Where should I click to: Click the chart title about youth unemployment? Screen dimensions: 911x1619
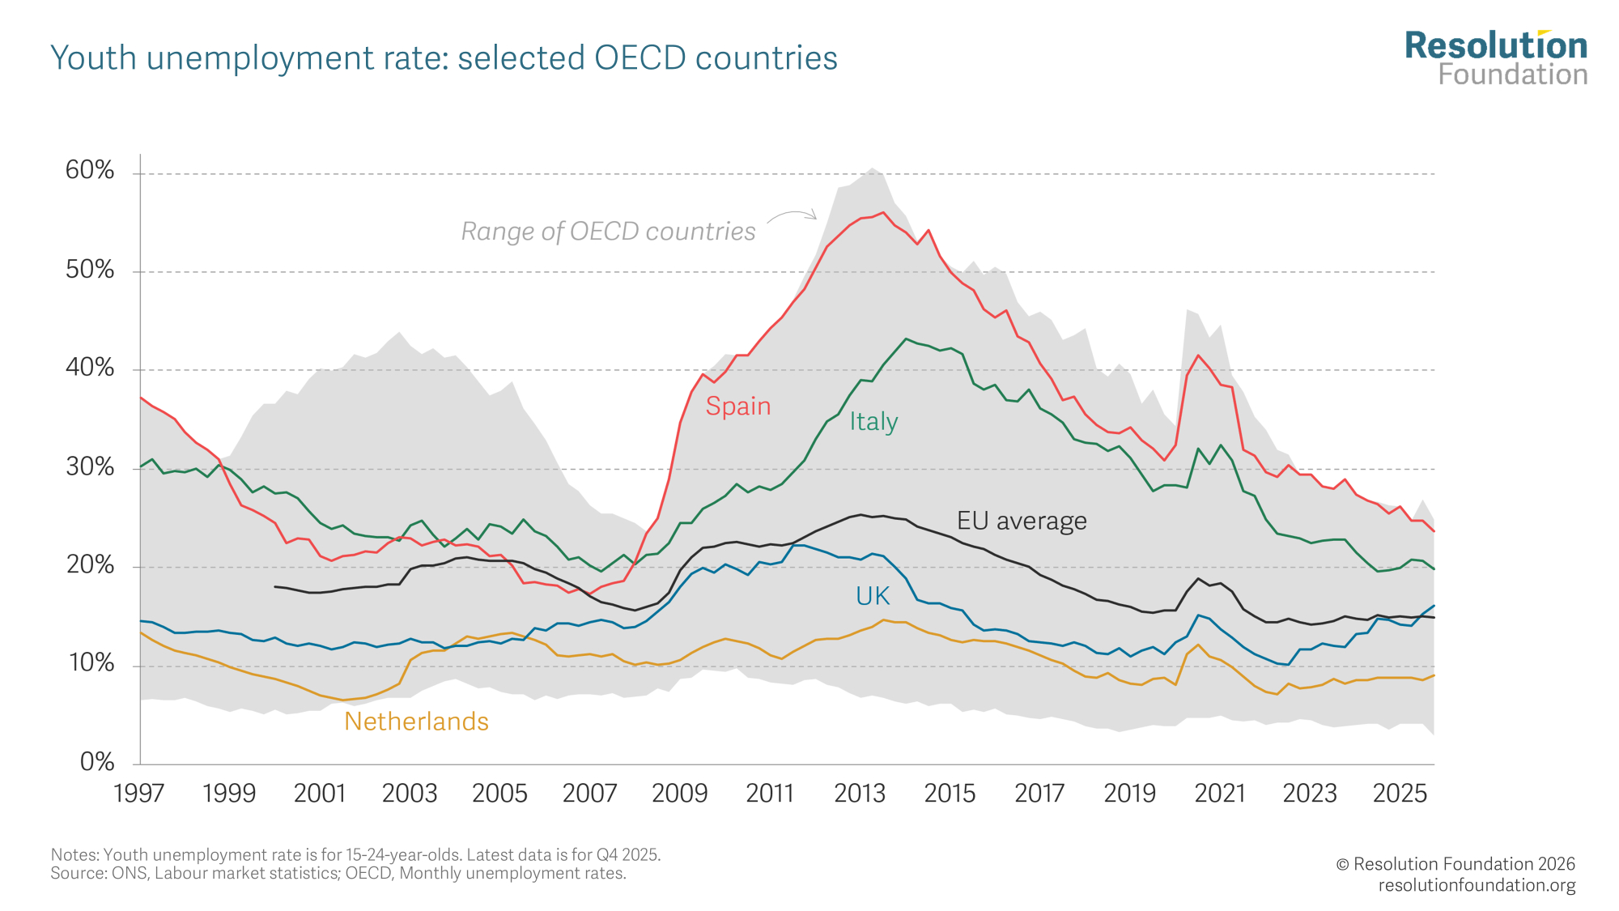click(444, 58)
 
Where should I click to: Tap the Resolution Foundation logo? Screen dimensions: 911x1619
click(1495, 58)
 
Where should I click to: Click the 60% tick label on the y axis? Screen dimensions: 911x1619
click(90, 170)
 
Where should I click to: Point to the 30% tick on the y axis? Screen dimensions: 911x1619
click(90, 466)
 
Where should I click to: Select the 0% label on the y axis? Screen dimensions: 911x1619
click(97, 761)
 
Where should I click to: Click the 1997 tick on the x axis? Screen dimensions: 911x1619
click(139, 793)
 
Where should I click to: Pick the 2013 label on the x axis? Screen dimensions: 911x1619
click(860, 793)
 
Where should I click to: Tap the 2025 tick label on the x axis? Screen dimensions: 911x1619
click(1400, 793)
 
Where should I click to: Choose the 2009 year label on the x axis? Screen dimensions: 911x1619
click(680, 793)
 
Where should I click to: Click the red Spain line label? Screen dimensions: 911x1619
click(737, 406)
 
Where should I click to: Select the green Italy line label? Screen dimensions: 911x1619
click(873, 421)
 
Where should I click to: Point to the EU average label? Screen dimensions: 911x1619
click(1022, 521)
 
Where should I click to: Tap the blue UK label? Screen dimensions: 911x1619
click(873, 596)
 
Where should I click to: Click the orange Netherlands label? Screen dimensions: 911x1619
click(416, 722)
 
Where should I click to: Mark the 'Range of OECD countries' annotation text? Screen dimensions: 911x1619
click(608, 232)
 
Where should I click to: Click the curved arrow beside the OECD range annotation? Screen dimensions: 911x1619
click(793, 215)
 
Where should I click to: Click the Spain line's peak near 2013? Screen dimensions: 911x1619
click(882, 213)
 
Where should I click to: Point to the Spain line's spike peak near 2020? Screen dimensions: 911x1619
click(1199, 355)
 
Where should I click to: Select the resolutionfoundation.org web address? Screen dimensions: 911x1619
click(1477, 885)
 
